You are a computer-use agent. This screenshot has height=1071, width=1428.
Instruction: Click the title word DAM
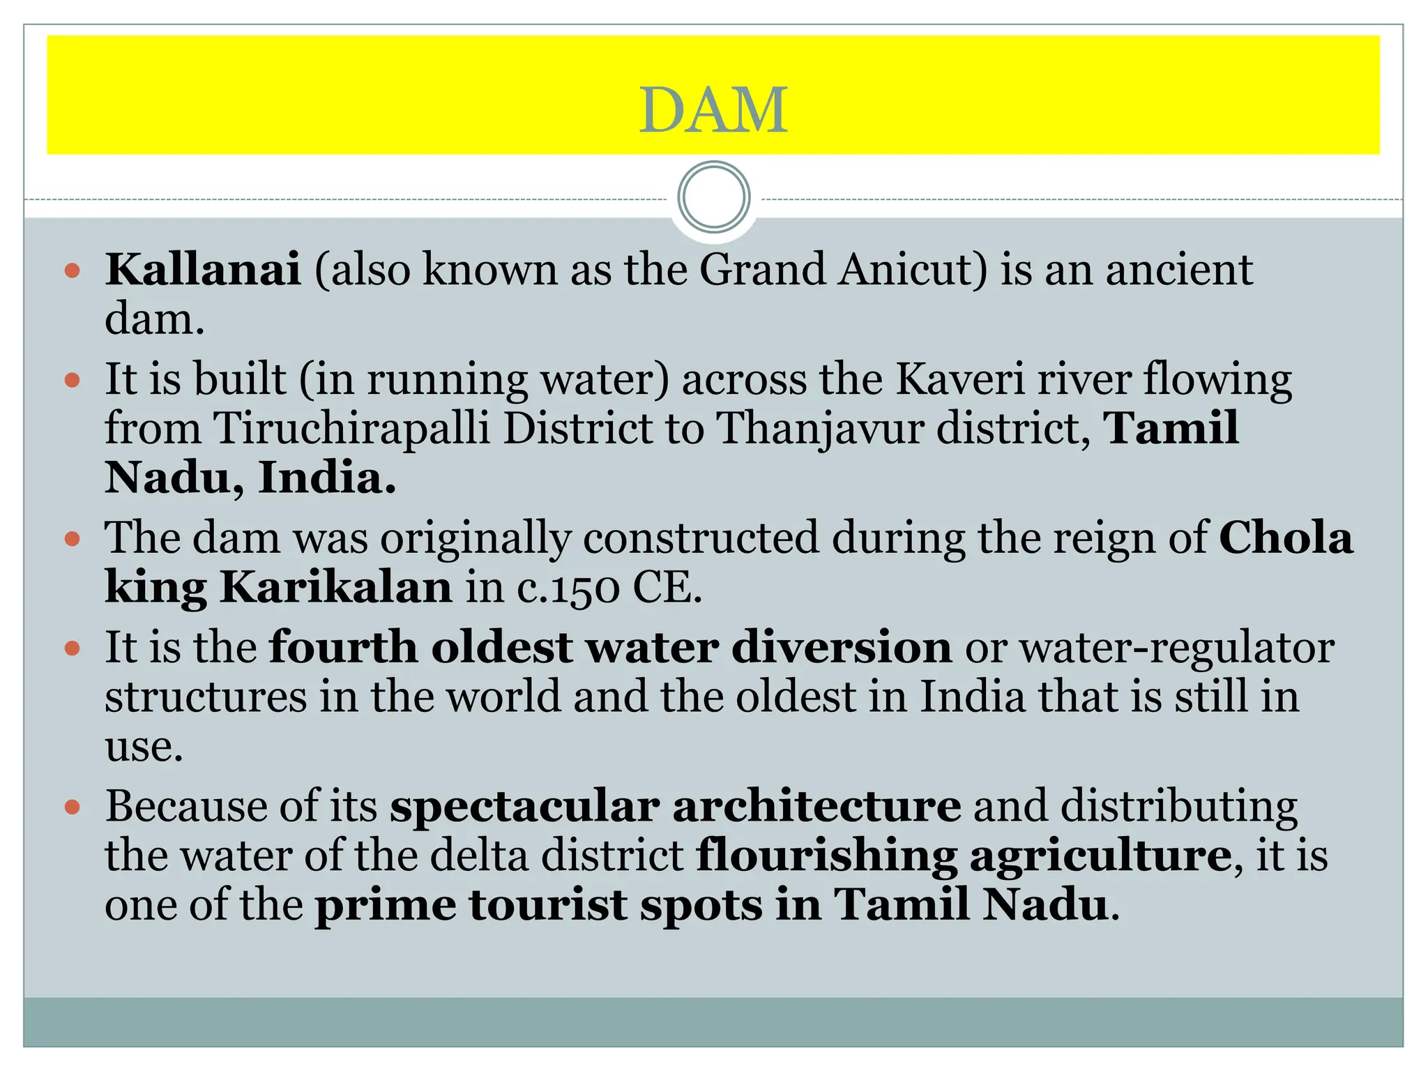pyautogui.click(x=713, y=110)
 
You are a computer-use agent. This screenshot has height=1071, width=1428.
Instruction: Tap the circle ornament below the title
pyautogui.click(x=713, y=197)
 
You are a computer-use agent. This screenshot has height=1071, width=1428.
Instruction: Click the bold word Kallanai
pyautogui.click(x=203, y=269)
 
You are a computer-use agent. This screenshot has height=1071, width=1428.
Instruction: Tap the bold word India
pyautogui.click(x=326, y=478)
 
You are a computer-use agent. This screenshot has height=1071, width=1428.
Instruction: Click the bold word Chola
pyautogui.click(x=1286, y=538)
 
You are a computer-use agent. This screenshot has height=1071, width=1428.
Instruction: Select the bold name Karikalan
pyautogui.click(x=336, y=587)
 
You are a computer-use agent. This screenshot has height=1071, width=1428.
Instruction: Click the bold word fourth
pyautogui.click(x=344, y=647)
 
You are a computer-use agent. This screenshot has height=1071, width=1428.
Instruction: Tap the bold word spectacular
pyautogui.click(x=524, y=807)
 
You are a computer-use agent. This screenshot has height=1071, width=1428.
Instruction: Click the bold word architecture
pyautogui.click(x=816, y=806)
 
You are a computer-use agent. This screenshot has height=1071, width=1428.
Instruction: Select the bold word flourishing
pyautogui.click(x=827, y=856)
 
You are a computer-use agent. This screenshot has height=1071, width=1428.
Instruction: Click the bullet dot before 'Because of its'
pyautogui.click(x=73, y=807)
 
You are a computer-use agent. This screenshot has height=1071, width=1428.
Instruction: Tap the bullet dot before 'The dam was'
pyautogui.click(x=73, y=539)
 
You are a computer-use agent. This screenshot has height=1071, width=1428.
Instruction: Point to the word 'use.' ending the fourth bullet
pyautogui.click(x=144, y=747)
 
